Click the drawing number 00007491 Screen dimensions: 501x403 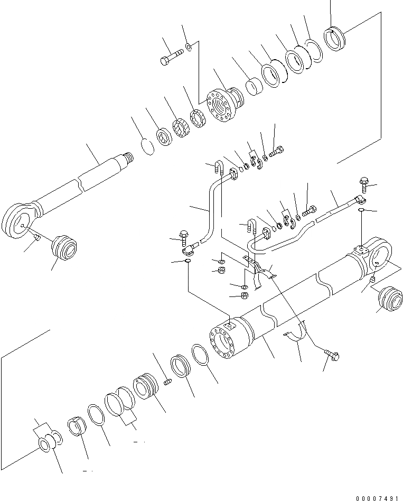(377, 497)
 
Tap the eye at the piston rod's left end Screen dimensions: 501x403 (19, 219)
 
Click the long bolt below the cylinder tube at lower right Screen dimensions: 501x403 (331, 356)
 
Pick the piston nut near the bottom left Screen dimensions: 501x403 (77, 427)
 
